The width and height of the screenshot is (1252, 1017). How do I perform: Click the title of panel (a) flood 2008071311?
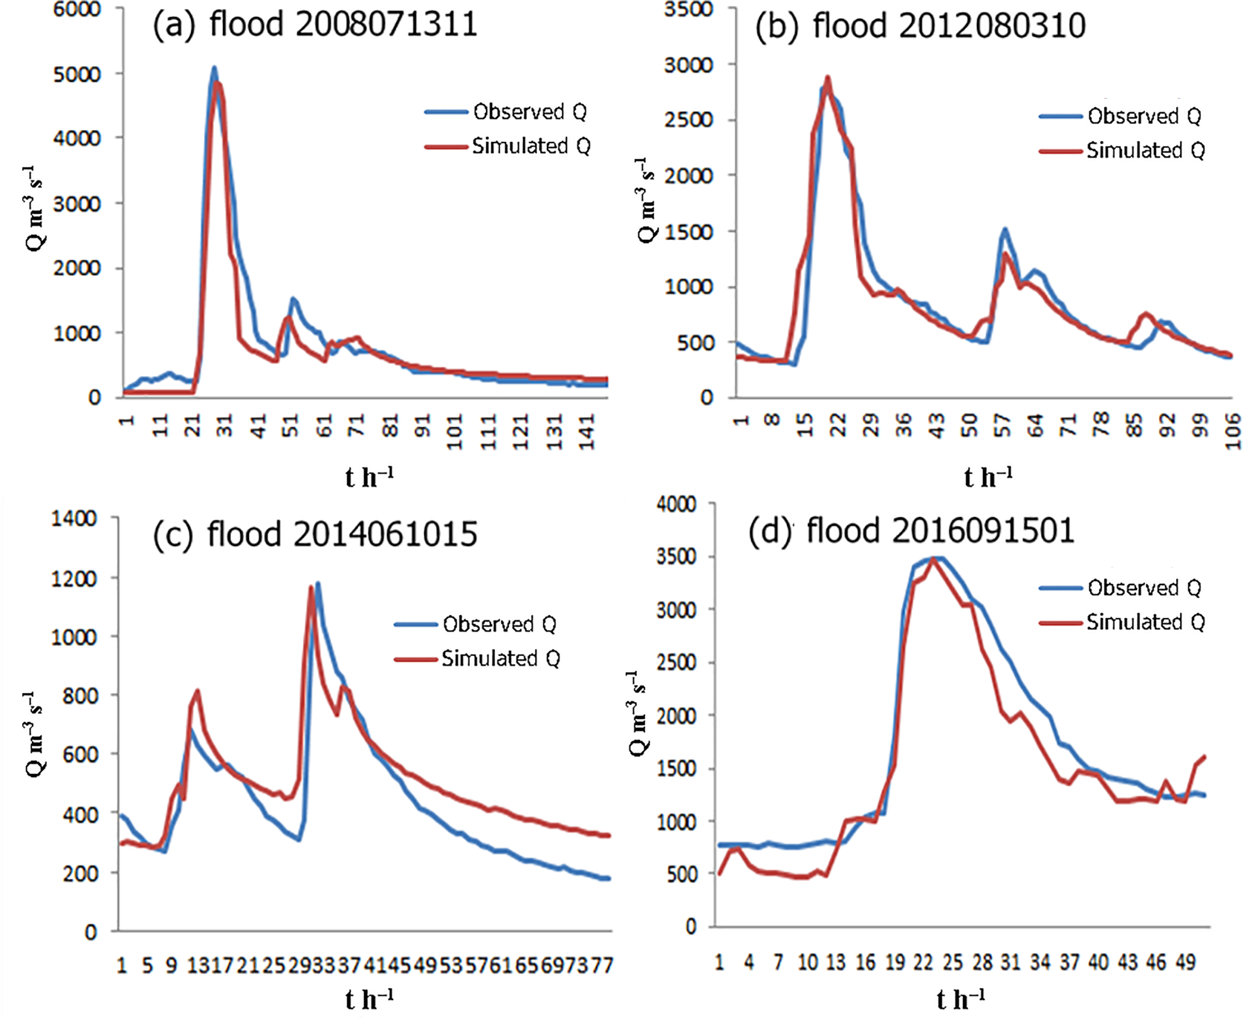[315, 25]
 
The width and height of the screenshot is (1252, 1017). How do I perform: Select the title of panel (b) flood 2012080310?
[920, 27]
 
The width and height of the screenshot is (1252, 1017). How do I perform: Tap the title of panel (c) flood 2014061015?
[315, 534]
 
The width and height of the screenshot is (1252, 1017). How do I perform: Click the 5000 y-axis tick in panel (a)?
[77, 74]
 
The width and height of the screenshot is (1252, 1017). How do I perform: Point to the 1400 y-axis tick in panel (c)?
[74, 519]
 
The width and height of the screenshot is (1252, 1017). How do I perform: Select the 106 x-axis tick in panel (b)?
[1233, 431]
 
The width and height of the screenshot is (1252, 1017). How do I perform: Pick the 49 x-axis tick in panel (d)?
[1185, 963]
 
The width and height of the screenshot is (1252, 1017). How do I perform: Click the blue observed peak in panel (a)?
[214, 68]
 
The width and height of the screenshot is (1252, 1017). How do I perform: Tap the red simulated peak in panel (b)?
[827, 77]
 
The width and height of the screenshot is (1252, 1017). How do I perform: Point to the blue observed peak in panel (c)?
[318, 584]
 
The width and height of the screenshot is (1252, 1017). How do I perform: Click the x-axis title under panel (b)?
[987, 477]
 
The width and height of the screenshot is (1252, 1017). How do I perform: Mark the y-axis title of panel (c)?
[34, 734]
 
